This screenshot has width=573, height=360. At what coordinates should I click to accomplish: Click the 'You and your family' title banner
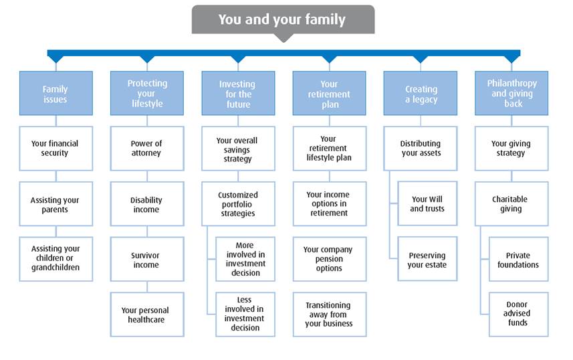tap(283, 19)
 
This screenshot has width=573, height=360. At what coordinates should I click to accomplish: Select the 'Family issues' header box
tap(56, 93)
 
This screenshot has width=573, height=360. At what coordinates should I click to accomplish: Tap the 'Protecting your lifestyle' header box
tap(147, 93)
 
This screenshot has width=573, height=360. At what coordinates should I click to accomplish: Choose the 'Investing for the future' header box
tap(238, 93)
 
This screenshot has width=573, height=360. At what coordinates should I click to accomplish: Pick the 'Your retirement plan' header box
tap(329, 93)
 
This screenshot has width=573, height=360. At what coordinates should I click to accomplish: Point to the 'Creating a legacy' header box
tap(421, 93)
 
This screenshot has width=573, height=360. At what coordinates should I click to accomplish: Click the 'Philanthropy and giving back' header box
tap(511, 93)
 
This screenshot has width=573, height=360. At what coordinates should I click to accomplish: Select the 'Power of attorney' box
tap(147, 149)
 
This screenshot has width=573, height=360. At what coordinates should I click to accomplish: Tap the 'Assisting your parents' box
tap(56, 204)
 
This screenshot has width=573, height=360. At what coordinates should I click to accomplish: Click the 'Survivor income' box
tap(147, 259)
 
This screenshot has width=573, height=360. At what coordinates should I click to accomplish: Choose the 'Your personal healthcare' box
tap(147, 314)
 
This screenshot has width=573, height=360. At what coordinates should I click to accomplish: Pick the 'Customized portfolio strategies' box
tap(238, 204)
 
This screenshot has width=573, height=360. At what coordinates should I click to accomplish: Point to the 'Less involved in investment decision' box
tap(245, 314)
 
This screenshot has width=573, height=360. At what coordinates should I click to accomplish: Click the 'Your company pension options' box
tap(329, 259)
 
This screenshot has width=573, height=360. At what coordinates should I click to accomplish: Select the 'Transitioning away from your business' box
tap(329, 314)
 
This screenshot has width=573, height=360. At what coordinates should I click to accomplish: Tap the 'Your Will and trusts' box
tap(427, 203)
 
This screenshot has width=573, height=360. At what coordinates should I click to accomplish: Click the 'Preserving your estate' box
tap(427, 259)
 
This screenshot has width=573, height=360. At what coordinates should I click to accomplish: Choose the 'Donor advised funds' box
tap(519, 314)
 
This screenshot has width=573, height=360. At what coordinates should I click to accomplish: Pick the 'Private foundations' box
tap(519, 259)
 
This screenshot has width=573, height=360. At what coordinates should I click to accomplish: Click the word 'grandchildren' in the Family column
tap(55, 268)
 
